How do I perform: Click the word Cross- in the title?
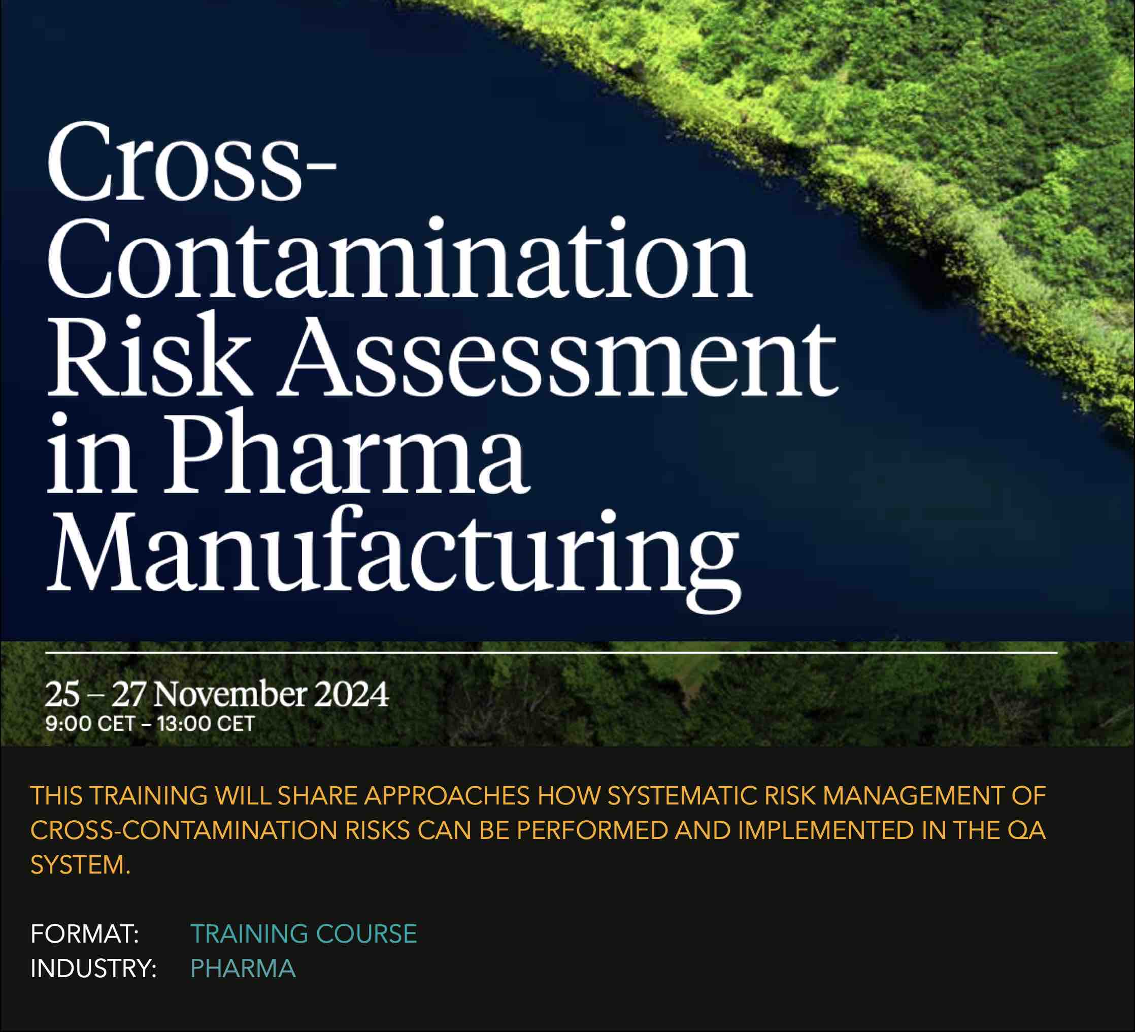[x=191, y=162]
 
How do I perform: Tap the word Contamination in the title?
[x=398, y=258]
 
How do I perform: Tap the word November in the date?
[x=230, y=693]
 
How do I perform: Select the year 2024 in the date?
[x=351, y=693]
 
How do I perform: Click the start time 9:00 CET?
[x=90, y=724]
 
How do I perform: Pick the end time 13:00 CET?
[x=206, y=724]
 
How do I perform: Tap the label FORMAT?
[x=85, y=934]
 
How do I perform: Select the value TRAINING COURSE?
[x=304, y=934]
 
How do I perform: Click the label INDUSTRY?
[x=93, y=969]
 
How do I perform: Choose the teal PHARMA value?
[x=243, y=969]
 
